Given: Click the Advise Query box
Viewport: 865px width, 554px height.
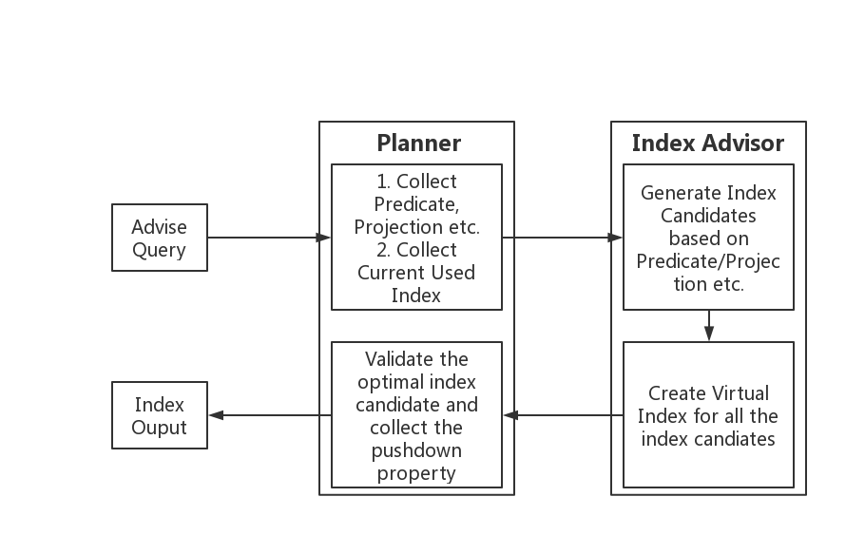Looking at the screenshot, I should [x=160, y=239].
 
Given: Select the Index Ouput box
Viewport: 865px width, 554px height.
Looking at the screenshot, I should [x=160, y=416].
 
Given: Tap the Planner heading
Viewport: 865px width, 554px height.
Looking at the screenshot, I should [x=418, y=143].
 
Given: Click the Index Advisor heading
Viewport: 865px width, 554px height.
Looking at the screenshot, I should [x=708, y=143].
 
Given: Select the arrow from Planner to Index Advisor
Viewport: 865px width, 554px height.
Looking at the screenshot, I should [x=561, y=238].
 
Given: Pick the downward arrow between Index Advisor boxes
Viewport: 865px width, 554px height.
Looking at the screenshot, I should [x=708, y=325].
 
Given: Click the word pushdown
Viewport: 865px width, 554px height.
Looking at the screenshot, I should [x=416, y=450].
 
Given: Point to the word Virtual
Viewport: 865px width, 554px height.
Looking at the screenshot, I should [x=740, y=393].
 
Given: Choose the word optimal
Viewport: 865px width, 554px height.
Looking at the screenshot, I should [x=390, y=382].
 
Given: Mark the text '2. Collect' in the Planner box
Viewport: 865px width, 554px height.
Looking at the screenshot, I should [x=416, y=250].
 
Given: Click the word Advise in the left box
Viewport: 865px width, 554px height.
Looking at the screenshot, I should [x=160, y=227].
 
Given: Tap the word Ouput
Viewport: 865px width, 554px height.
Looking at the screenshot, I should [x=160, y=428].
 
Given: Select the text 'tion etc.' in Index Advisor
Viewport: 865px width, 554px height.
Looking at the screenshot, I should [x=708, y=284].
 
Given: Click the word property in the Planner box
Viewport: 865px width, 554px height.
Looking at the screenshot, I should [x=416, y=473].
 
